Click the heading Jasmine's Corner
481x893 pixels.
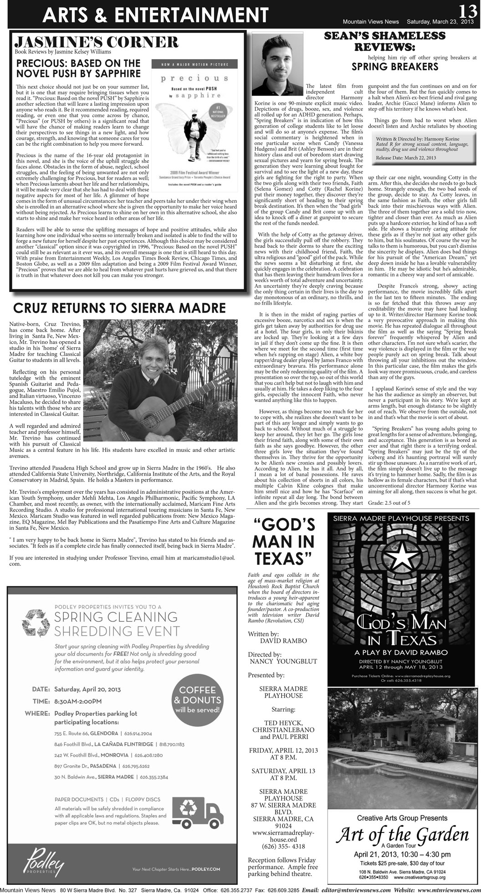97,43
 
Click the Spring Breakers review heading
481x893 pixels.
395,67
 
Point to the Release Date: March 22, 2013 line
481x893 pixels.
406,158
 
